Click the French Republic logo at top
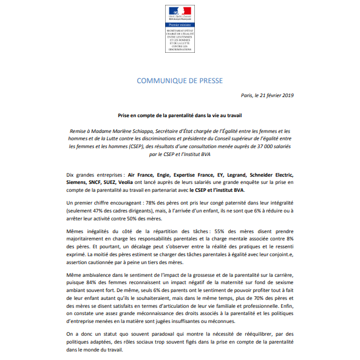180,12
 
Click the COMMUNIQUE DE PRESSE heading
180,81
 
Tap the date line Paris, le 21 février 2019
268,96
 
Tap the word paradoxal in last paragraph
169,333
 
